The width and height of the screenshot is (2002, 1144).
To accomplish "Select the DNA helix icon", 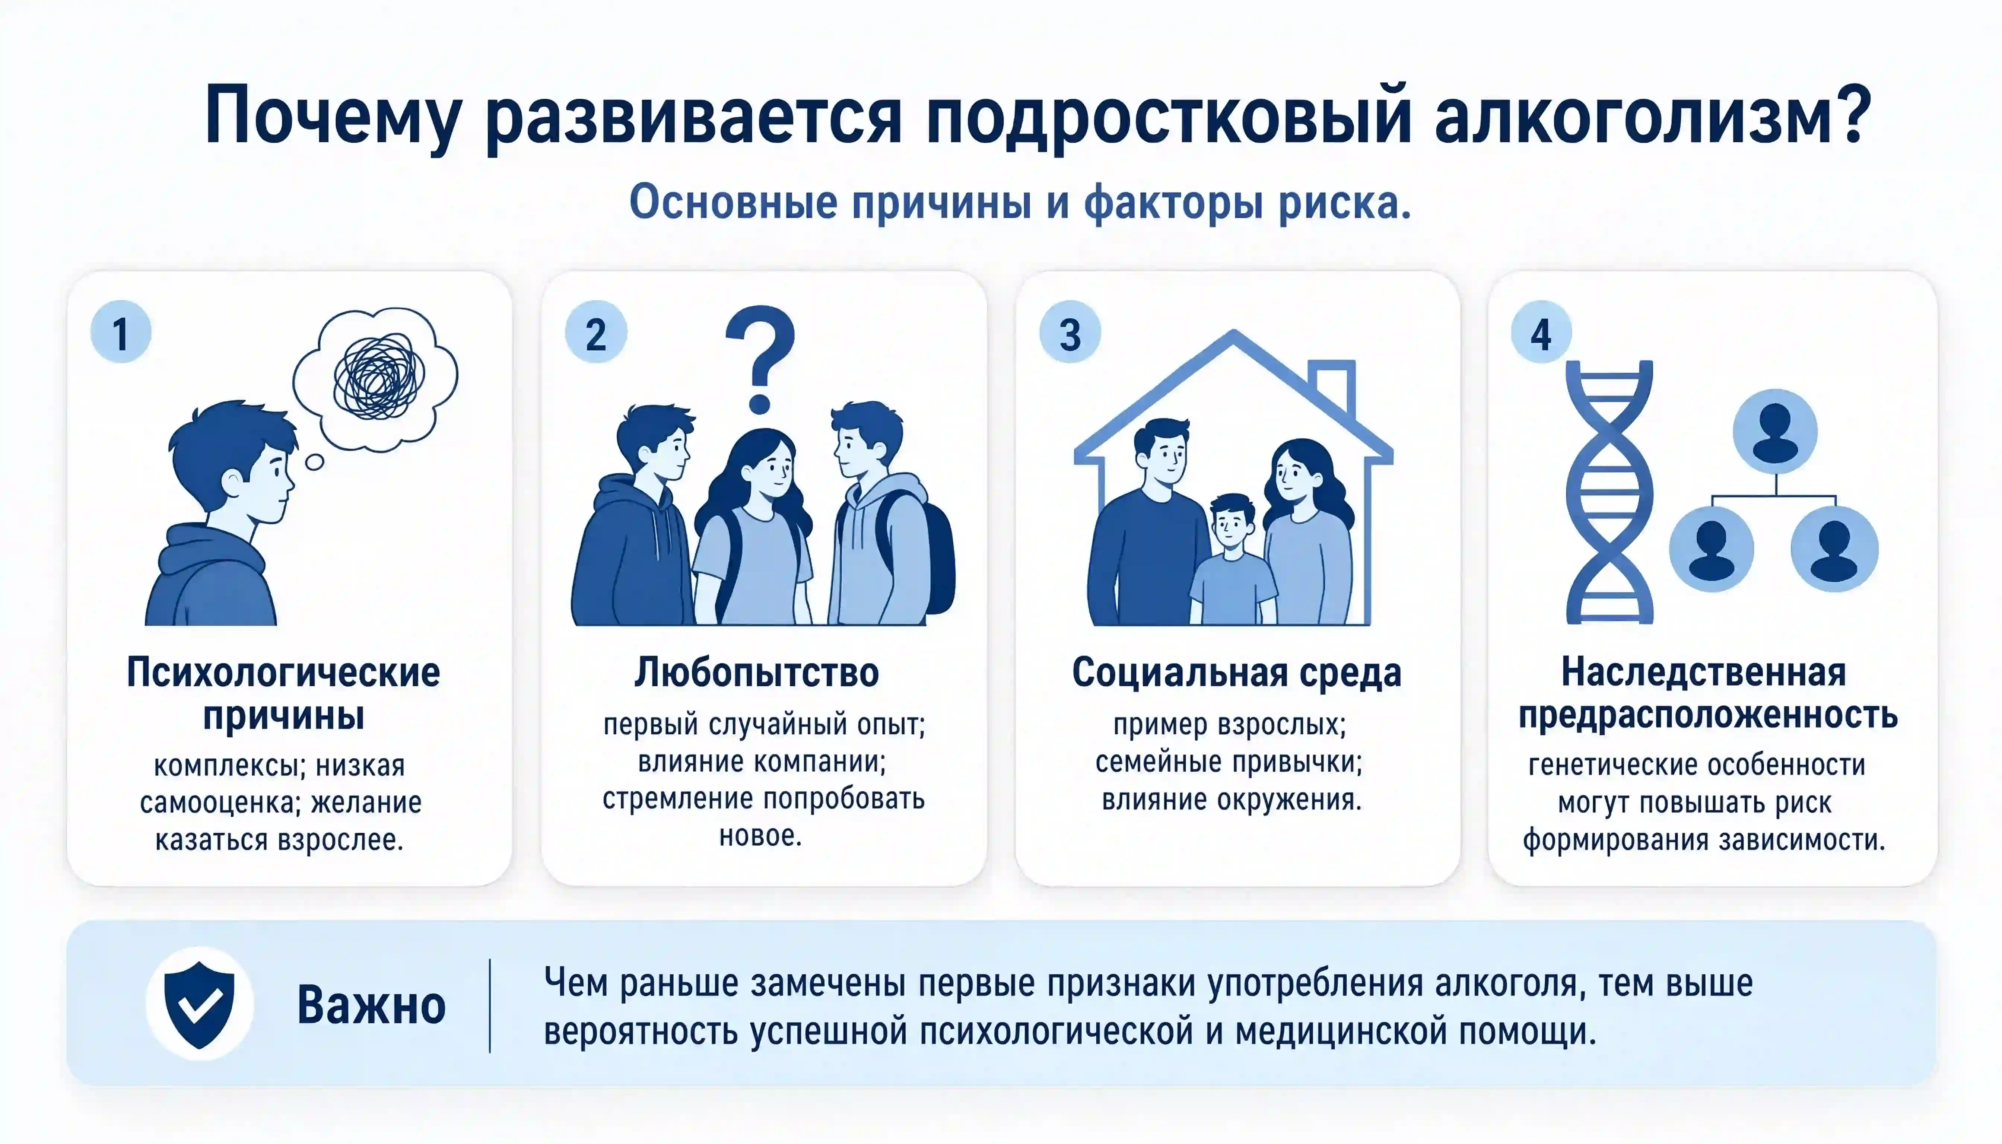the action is click(1609, 492).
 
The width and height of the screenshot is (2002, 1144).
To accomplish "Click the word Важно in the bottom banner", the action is click(371, 1005).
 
